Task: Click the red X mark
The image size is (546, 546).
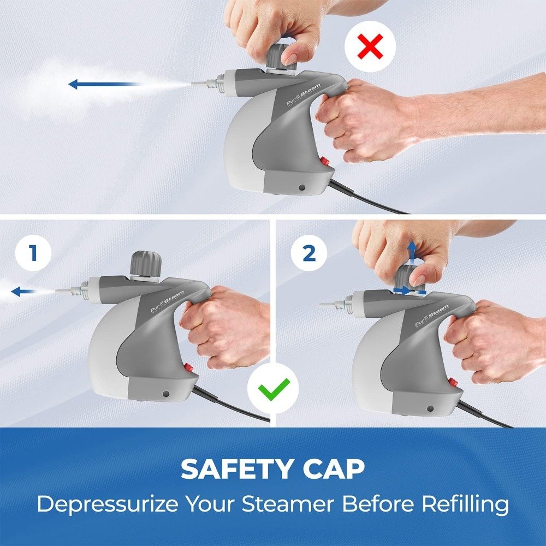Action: click(x=370, y=46)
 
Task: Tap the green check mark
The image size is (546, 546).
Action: click(x=274, y=389)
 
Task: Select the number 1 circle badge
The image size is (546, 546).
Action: click(x=33, y=253)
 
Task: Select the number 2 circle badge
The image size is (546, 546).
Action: click(x=309, y=253)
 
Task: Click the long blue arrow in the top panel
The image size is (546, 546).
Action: click(x=104, y=84)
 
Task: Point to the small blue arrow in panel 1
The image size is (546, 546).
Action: click(x=23, y=291)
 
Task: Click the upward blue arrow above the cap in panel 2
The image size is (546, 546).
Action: click(x=412, y=251)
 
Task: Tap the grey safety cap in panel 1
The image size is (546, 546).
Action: click(x=146, y=263)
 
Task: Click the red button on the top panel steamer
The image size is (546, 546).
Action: click(x=324, y=161)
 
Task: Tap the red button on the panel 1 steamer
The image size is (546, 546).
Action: click(x=189, y=367)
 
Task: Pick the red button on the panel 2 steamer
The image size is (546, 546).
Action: click(x=453, y=382)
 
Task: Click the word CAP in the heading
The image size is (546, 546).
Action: click(x=334, y=468)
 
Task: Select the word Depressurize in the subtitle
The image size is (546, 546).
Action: click(x=107, y=504)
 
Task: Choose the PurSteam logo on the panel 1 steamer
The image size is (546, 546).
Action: click(x=167, y=301)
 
